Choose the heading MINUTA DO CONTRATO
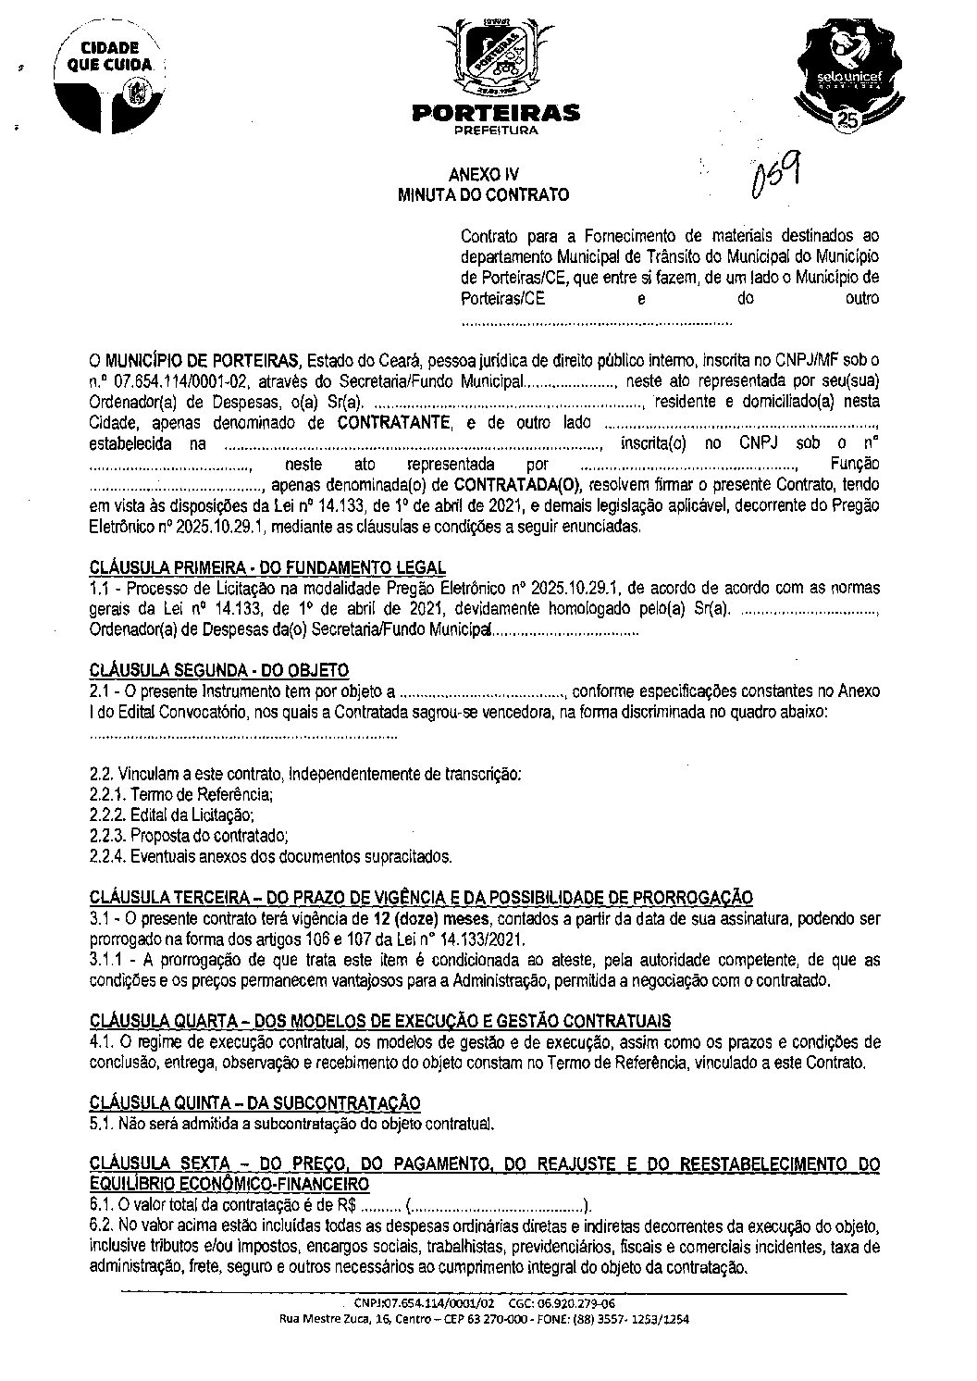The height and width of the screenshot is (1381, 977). pyautogui.click(x=483, y=194)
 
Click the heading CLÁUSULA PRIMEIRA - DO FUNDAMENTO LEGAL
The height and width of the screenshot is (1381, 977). pyautogui.click(x=268, y=567)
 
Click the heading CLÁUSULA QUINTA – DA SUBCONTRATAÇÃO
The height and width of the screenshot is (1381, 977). pyautogui.click(x=255, y=1103)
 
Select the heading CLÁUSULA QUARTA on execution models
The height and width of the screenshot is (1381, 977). pyautogui.click(x=380, y=1021)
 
